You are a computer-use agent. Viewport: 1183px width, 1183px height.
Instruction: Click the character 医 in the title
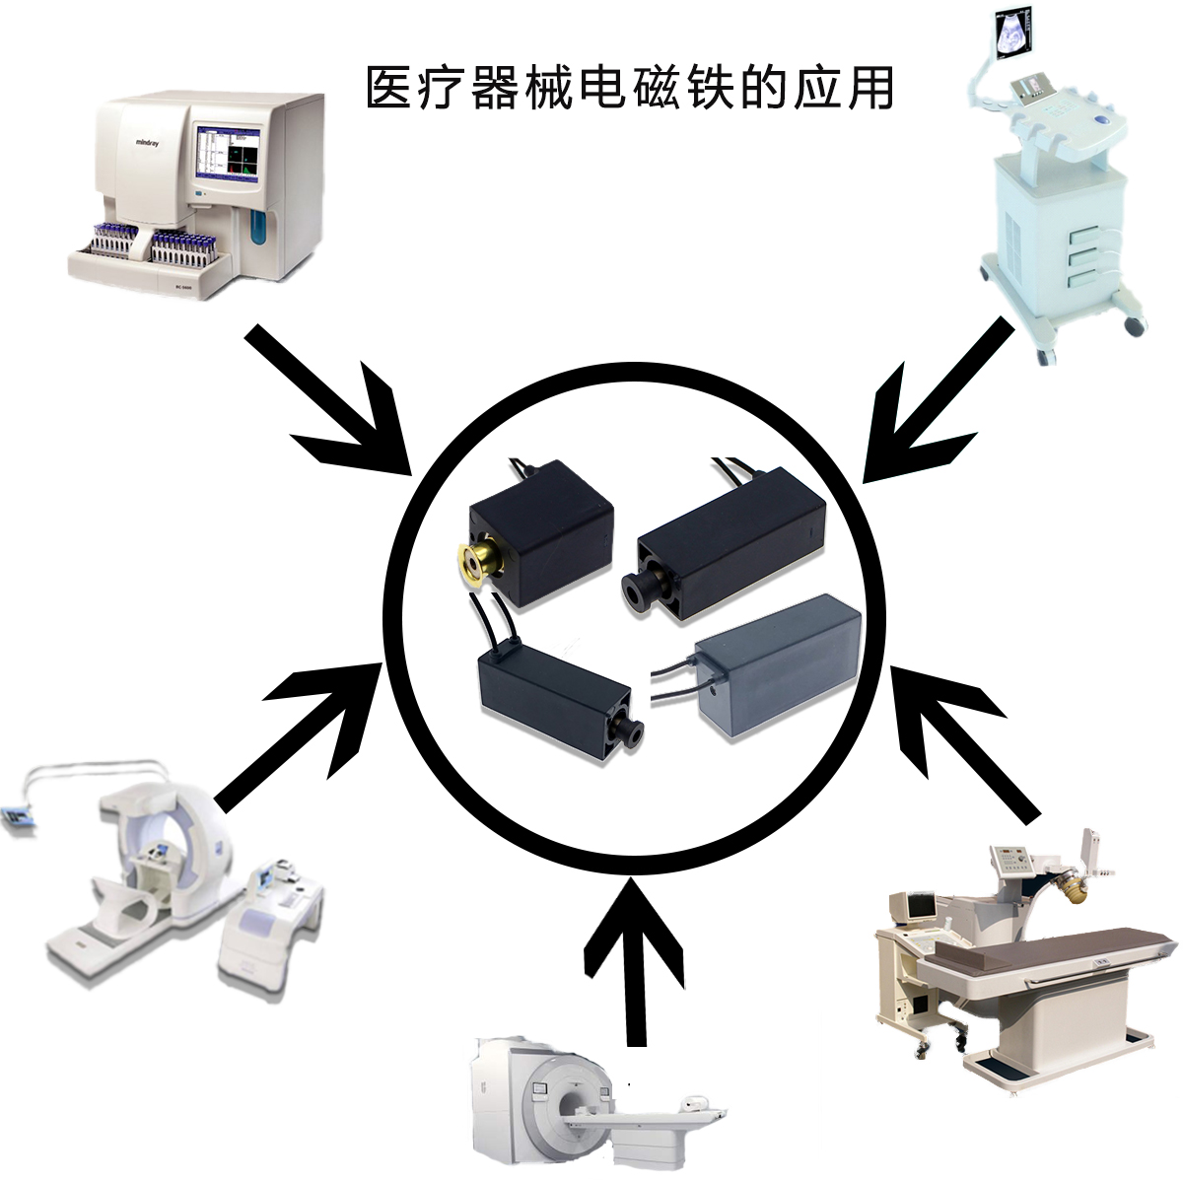[388, 89]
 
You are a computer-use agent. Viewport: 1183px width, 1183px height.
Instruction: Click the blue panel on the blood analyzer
[258, 227]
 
